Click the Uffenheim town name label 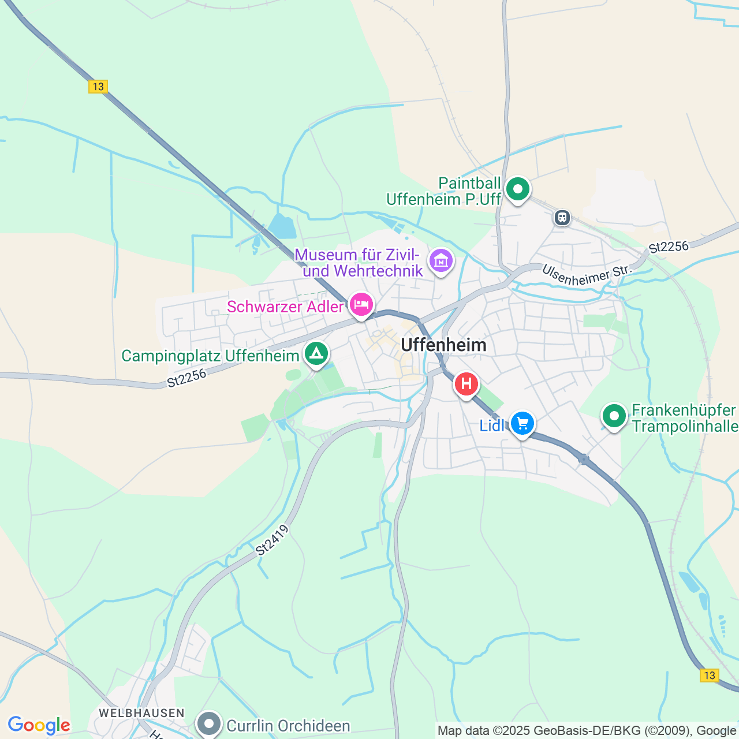click(x=443, y=345)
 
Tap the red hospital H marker click(x=466, y=384)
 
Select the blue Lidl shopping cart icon click(x=522, y=424)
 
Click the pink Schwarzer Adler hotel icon click(x=361, y=304)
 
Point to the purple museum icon click(x=441, y=261)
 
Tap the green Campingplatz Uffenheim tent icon click(x=316, y=353)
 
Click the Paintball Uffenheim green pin click(x=518, y=189)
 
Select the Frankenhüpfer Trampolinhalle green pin click(x=614, y=416)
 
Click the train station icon click(x=562, y=218)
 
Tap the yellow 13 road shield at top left click(x=98, y=87)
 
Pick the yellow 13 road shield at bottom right click(x=709, y=675)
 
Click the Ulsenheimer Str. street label click(x=587, y=275)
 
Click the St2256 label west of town click(x=186, y=378)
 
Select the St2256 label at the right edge click(x=669, y=247)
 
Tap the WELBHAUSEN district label click(x=141, y=713)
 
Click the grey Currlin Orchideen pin click(x=209, y=723)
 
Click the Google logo click(x=39, y=725)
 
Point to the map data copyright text click(x=587, y=731)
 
